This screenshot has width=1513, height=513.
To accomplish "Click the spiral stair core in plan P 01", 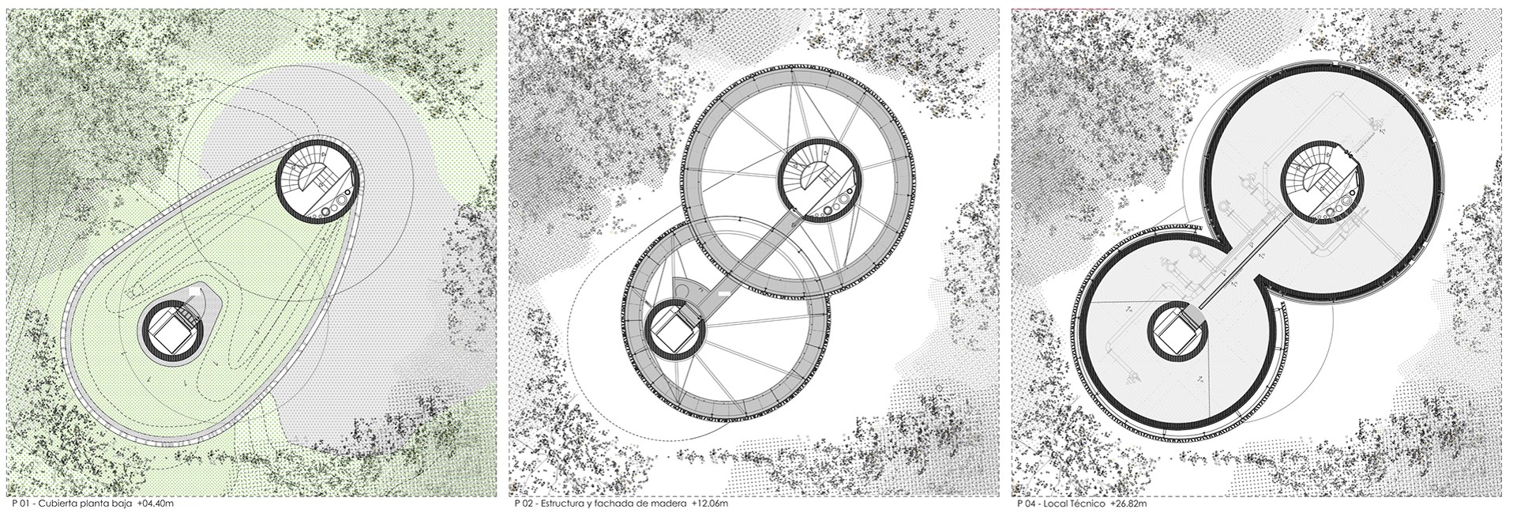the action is pyautogui.click(x=319, y=183).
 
